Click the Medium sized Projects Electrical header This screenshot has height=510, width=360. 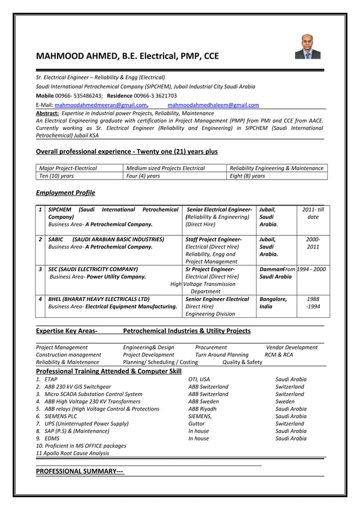165,168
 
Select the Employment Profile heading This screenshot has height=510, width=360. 65,193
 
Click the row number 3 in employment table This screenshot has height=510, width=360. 41,269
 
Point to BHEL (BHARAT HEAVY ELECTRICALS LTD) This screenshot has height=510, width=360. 99,299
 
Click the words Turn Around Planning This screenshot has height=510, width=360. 222,355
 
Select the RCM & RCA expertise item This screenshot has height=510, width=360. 279,355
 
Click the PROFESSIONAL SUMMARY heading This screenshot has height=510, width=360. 80,471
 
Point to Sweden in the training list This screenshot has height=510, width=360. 285,402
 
